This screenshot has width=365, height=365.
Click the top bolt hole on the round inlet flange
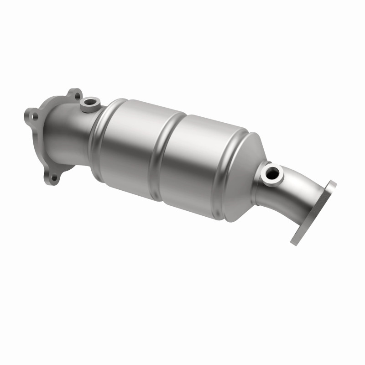click(x=76, y=96)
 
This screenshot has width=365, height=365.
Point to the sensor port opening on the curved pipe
click(x=272, y=172)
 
